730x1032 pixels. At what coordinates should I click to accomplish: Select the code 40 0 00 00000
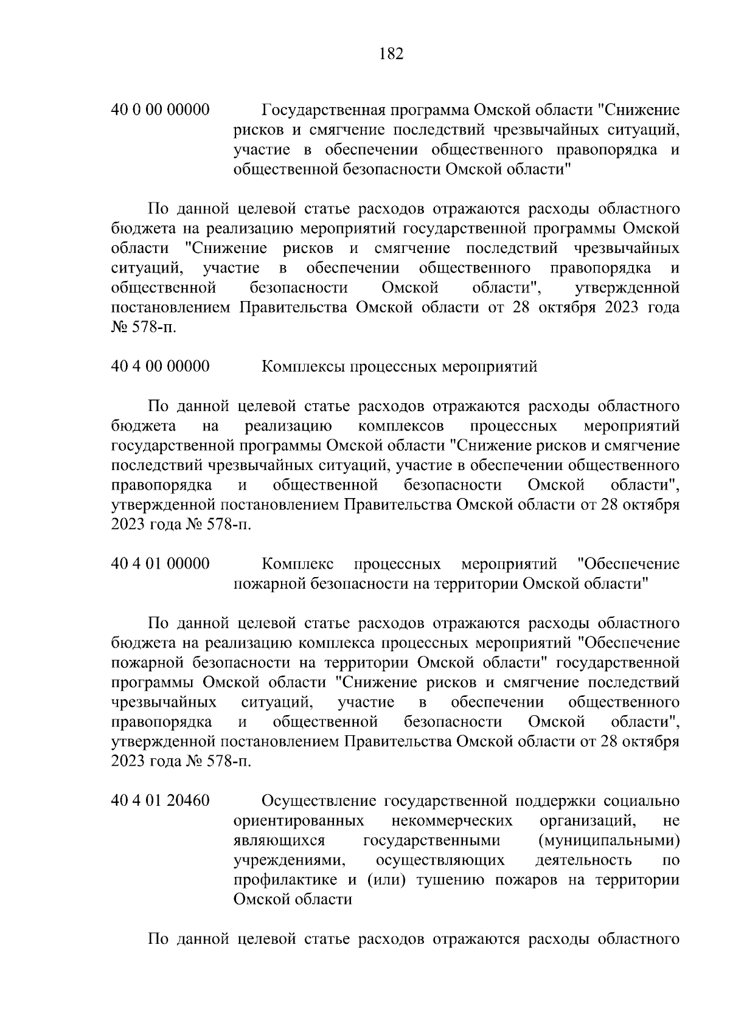pyautogui.click(x=161, y=110)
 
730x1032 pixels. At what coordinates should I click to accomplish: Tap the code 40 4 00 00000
pyautogui.click(x=161, y=366)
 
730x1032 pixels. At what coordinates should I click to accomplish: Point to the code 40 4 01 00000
pyautogui.click(x=161, y=564)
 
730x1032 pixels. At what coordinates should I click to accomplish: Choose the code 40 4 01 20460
pyautogui.click(x=161, y=801)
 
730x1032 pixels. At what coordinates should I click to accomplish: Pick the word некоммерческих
pyautogui.click(x=453, y=821)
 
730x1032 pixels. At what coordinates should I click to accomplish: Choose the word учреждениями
pyautogui.click(x=285, y=861)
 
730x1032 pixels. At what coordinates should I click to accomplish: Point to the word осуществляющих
pyautogui.click(x=440, y=861)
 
